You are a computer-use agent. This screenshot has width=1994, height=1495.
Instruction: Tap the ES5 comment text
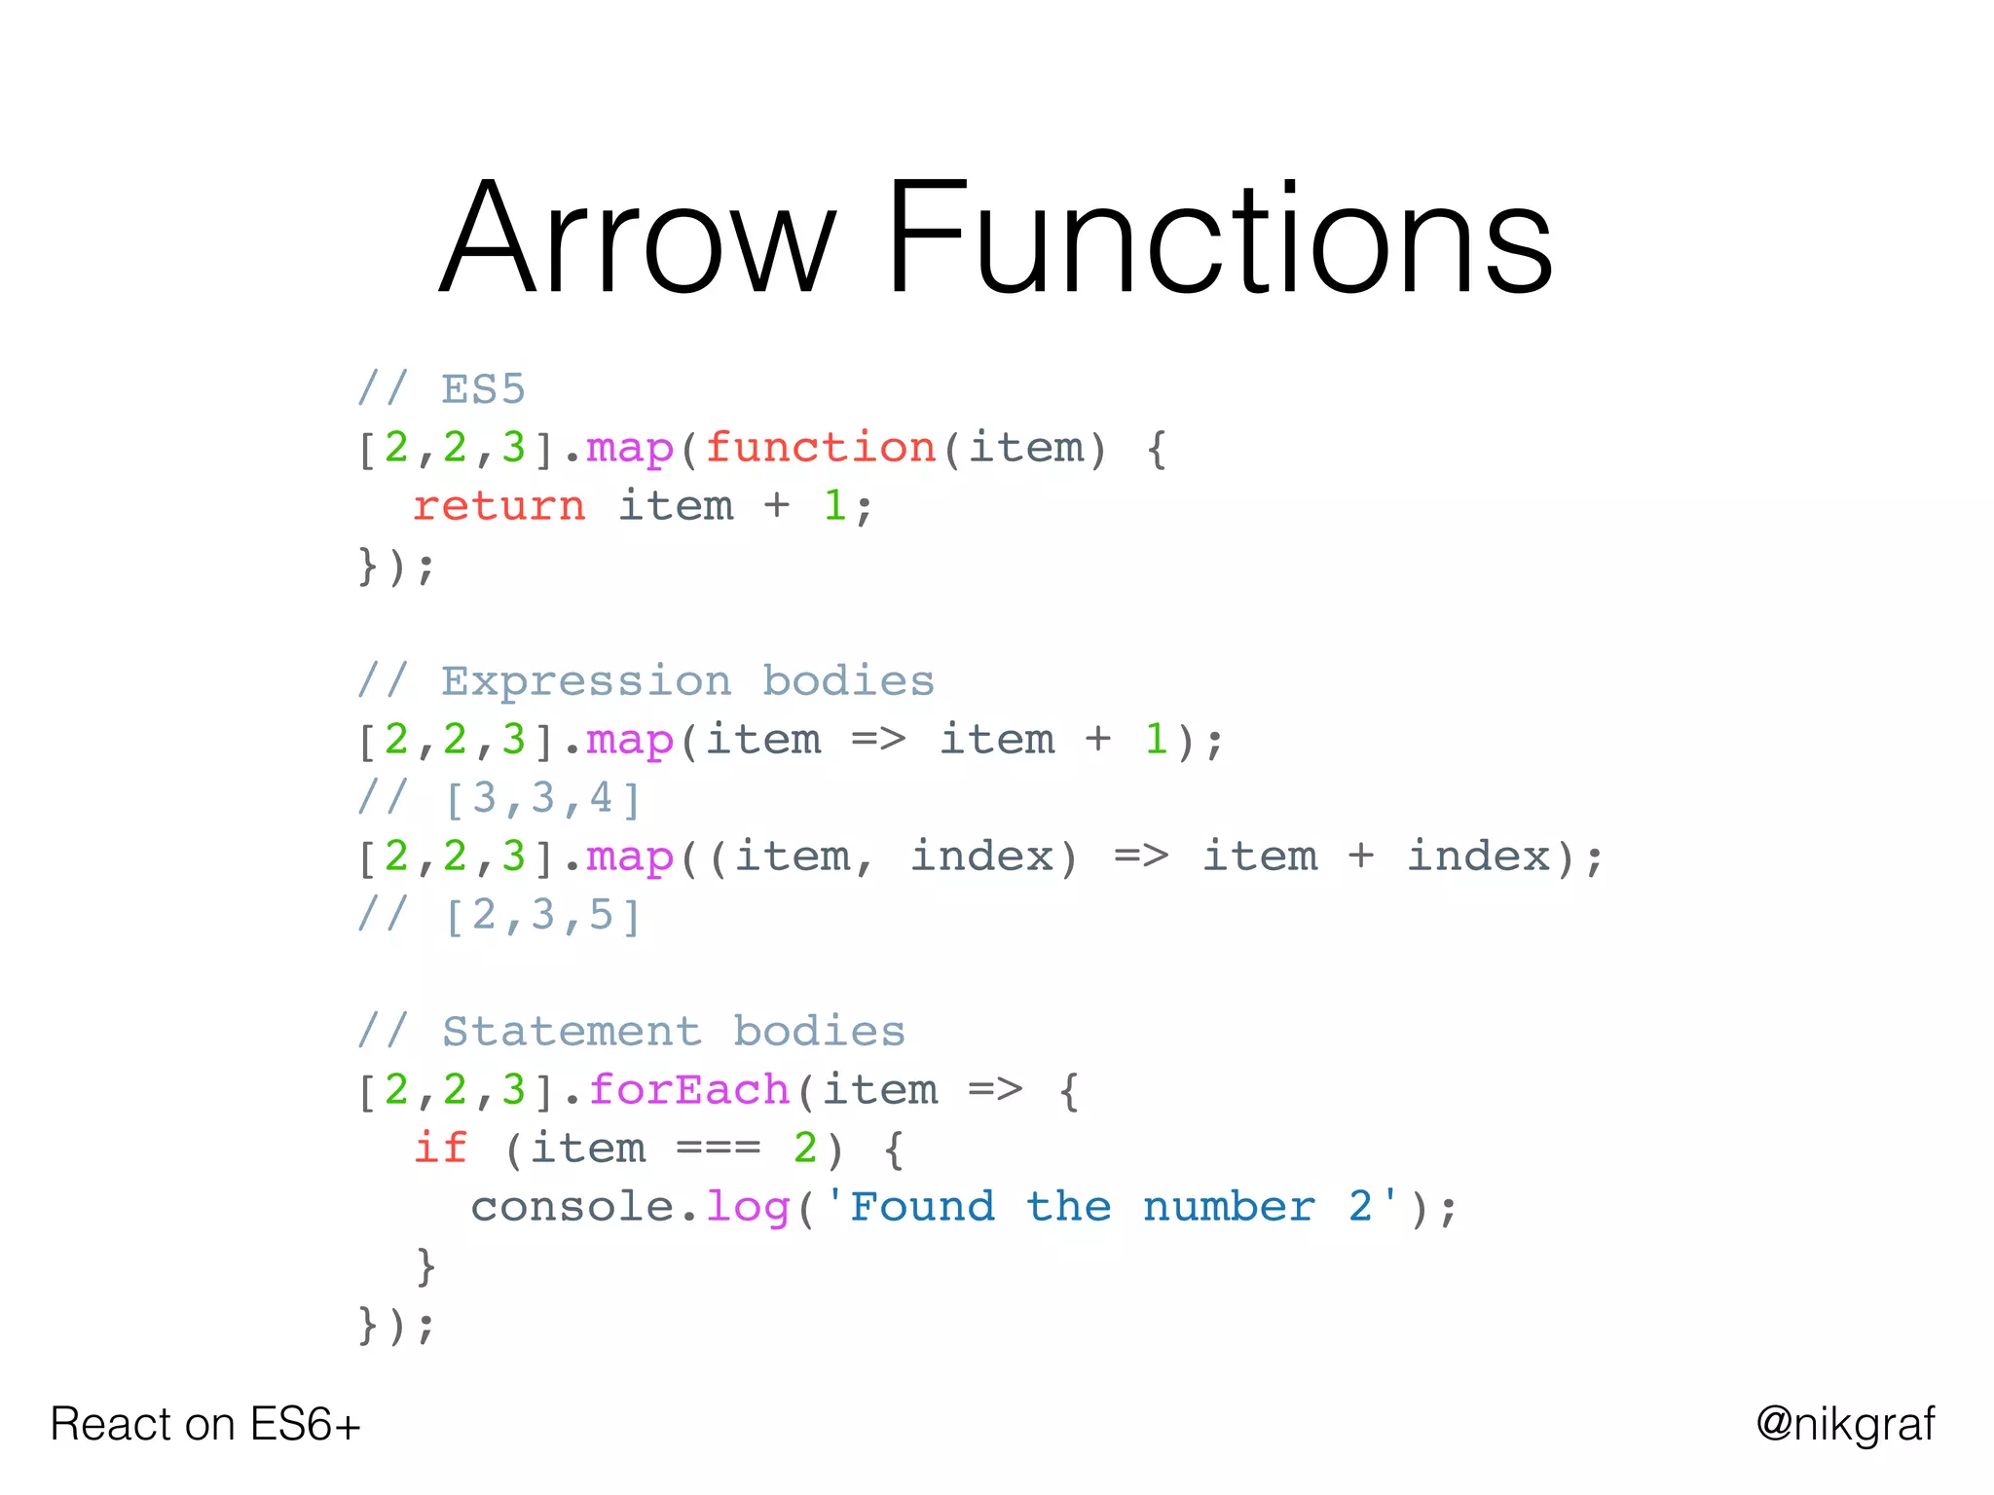[482, 389]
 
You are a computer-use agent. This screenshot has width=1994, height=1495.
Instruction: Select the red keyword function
[820, 448]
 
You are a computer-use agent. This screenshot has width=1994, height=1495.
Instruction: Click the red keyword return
[498, 506]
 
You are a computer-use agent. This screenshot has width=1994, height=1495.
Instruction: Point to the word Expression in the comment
[585, 681]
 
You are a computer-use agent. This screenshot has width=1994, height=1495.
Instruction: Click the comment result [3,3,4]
[542, 798]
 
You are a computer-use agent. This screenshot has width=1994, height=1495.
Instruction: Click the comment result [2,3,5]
[542, 915]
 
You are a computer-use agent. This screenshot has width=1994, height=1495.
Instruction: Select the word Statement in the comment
[572, 1032]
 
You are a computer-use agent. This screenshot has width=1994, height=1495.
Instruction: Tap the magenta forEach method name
[688, 1090]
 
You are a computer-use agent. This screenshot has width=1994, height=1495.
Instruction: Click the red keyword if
[440, 1149]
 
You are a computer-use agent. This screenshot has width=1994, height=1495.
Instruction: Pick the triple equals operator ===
[719, 1149]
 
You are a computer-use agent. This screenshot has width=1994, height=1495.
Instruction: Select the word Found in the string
[922, 1207]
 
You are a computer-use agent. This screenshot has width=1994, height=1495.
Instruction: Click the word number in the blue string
[1229, 1207]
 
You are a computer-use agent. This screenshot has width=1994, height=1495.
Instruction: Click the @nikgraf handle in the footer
[1845, 1425]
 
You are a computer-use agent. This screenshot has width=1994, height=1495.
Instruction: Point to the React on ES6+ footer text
[205, 1425]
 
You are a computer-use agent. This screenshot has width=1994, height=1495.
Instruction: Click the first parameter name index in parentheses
[981, 857]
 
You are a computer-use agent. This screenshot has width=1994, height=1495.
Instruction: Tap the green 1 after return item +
[834, 506]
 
